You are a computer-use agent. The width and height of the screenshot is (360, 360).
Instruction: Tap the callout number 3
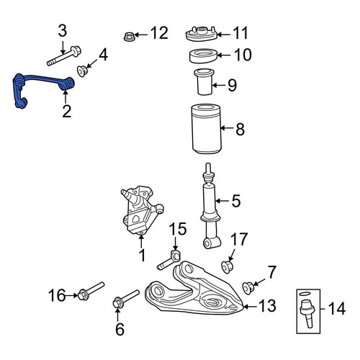(x=63, y=31)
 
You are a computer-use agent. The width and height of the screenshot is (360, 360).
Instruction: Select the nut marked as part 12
(x=129, y=37)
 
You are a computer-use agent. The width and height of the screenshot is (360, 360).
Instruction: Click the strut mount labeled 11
(x=202, y=34)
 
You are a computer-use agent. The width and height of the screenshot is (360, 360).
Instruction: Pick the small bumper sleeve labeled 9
(x=204, y=81)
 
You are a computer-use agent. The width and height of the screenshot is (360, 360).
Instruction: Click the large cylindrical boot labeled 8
(x=207, y=128)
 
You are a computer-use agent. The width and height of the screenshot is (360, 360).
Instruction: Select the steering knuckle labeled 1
(x=141, y=210)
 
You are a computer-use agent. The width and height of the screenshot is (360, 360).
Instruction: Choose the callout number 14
(x=337, y=309)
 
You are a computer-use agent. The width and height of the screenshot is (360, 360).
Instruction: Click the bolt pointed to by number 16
(x=91, y=291)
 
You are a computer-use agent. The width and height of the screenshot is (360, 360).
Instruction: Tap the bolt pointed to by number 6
(x=126, y=299)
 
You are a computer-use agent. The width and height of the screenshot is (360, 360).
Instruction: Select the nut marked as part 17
(x=228, y=267)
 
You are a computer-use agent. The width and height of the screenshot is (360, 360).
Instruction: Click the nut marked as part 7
(x=248, y=288)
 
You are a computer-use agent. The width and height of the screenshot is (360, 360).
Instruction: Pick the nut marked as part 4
(x=83, y=71)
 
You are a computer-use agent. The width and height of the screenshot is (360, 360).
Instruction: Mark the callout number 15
(x=178, y=229)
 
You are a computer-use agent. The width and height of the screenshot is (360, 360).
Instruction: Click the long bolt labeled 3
(x=64, y=56)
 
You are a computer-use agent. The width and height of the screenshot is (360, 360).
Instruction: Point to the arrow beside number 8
(x=227, y=128)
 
